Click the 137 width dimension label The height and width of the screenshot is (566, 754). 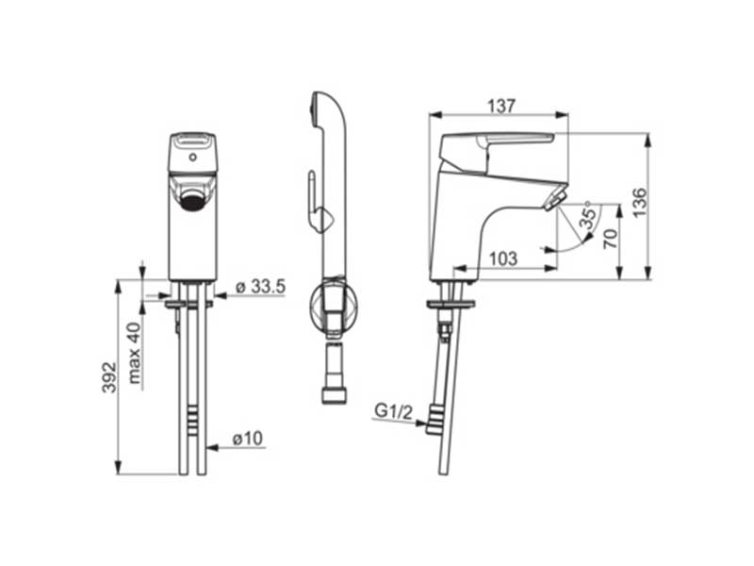[501, 106]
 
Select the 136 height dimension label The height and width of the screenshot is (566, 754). [640, 202]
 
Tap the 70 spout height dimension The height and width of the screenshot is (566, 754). [610, 239]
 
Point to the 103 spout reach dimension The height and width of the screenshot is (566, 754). [503, 258]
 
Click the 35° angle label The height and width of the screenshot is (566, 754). [587, 216]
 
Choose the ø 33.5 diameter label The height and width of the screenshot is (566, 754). [261, 287]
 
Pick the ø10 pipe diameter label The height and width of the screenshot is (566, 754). [248, 439]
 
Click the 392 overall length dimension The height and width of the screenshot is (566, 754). [109, 377]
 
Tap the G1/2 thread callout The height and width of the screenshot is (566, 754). [393, 411]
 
